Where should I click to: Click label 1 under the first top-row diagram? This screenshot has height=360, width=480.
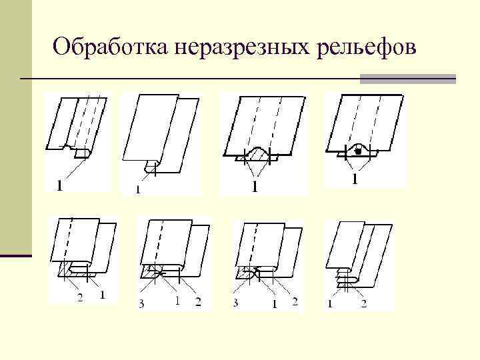pyautogui.click(x=61, y=185)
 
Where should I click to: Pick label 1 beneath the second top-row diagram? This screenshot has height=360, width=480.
pyautogui.click(x=138, y=189)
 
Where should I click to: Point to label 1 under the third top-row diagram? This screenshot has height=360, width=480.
pyautogui.click(x=253, y=188)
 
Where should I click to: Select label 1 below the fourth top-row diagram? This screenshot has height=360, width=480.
pyautogui.click(x=355, y=179)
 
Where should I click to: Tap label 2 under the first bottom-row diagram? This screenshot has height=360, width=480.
pyautogui.click(x=80, y=298)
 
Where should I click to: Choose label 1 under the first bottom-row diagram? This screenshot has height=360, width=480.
pyautogui.click(x=101, y=295)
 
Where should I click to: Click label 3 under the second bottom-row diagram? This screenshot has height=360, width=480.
pyautogui.click(x=141, y=303)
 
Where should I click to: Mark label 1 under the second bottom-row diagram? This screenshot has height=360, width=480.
pyautogui.click(x=177, y=301)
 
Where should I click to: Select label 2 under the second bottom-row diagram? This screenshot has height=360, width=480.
pyautogui.click(x=198, y=302)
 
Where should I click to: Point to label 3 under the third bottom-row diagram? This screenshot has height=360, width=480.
pyautogui.click(x=237, y=303)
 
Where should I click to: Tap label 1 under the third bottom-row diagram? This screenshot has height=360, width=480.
pyautogui.click(x=273, y=304)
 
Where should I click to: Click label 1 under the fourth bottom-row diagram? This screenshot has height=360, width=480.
pyautogui.click(x=330, y=304)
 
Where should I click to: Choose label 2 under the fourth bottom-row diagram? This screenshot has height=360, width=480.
pyautogui.click(x=363, y=304)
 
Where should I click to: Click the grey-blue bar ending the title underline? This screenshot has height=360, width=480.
pyautogui.click(x=407, y=79)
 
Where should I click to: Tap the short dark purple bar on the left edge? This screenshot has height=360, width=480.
pyautogui.click(x=16, y=255)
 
